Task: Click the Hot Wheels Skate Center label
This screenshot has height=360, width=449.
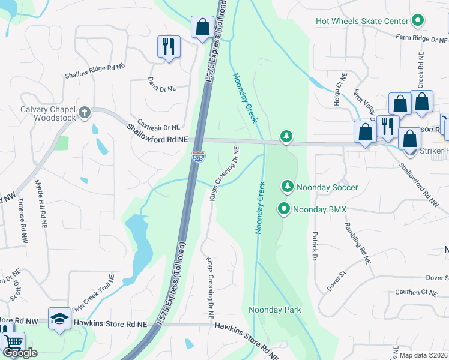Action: point(362,22)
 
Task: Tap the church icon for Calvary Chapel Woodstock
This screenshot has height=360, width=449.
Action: point(85,112)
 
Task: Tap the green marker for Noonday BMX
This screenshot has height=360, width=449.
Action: point(283,209)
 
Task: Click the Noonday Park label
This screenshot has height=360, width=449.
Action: point(274,310)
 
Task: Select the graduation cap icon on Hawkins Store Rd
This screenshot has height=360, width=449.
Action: point(59,321)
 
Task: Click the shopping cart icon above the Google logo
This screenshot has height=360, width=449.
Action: point(13,342)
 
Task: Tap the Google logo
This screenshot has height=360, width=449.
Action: point(20,353)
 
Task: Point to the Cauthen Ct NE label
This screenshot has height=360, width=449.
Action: point(415,292)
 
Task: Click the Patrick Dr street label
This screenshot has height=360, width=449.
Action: point(314,246)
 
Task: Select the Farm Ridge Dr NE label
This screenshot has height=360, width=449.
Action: point(422,38)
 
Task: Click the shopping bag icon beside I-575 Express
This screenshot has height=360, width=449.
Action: point(202,26)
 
